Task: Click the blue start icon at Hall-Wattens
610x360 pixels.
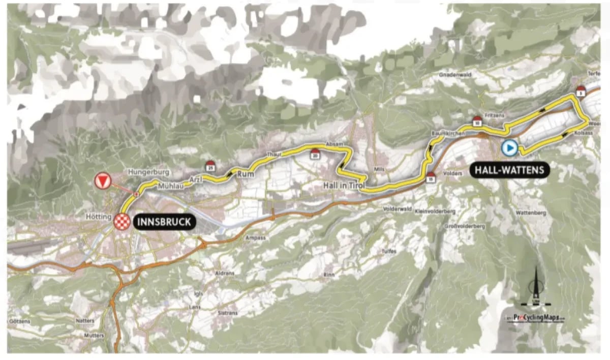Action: (x=509, y=148)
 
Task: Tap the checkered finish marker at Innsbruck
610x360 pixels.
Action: (x=122, y=221)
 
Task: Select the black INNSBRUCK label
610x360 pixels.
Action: (x=164, y=222)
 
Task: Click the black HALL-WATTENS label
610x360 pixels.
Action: (x=509, y=170)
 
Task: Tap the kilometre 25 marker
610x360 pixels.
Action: (x=210, y=166)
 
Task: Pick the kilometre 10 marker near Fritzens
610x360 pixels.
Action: (x=477, y=121)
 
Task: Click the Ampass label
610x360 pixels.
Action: (x=255, y=237)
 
